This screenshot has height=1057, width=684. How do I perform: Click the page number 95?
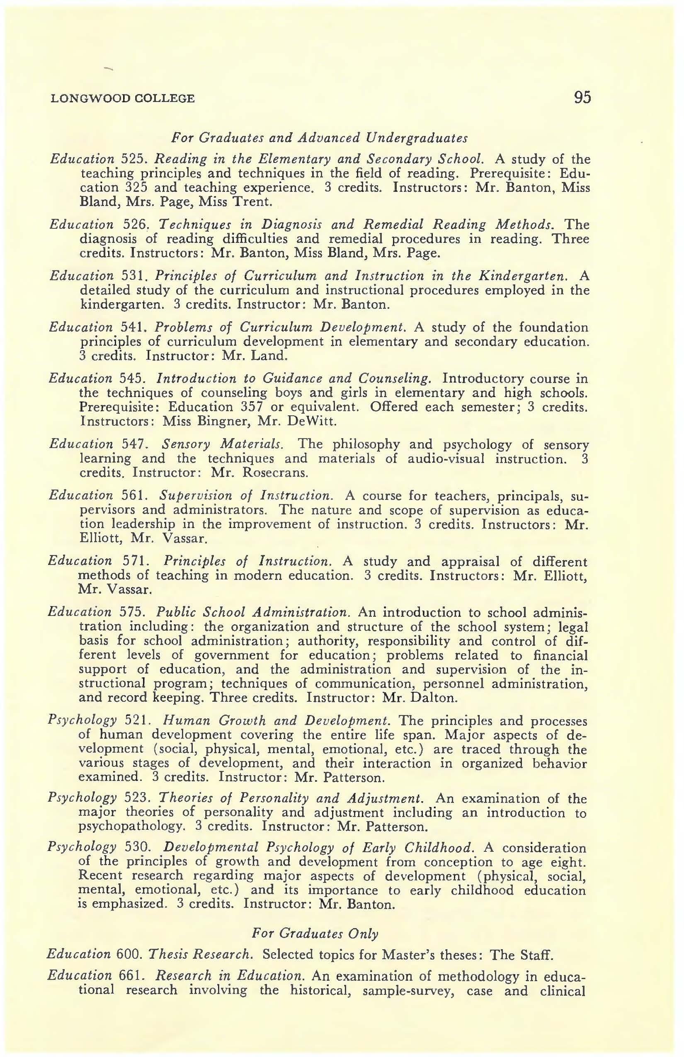pos(582,97)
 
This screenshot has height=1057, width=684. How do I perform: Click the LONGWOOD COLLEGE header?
pos(123,98)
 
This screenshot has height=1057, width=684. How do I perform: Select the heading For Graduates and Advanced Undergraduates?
pos(319,138)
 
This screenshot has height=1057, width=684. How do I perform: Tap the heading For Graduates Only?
pos(315,933)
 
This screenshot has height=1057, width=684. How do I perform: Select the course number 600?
pos(129,954)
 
